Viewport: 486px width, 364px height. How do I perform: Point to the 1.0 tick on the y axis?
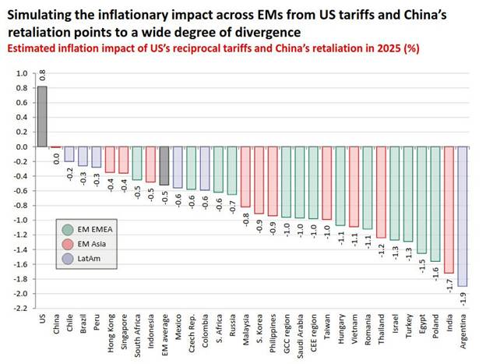tap(21, 73)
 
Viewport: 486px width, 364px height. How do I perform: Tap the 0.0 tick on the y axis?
tap(21, 147)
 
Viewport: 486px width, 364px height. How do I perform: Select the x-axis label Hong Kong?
tap(111, 334)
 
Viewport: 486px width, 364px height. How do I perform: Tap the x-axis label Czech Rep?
tap(192, 333)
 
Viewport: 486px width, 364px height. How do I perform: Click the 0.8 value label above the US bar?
tap(42, 76)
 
